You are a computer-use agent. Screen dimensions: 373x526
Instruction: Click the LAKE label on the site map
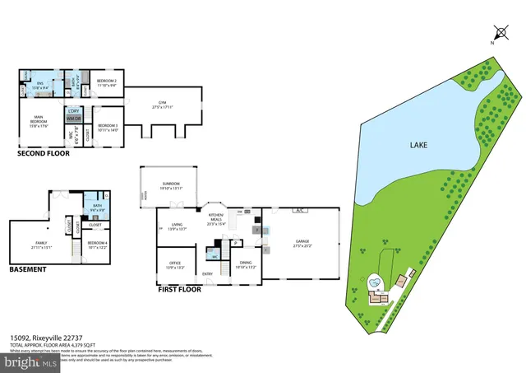[x=420, y=145]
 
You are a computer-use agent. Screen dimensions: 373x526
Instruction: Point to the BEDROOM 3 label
[x=108, y=126]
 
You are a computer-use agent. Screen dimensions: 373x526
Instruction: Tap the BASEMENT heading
[x=29, y=269]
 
